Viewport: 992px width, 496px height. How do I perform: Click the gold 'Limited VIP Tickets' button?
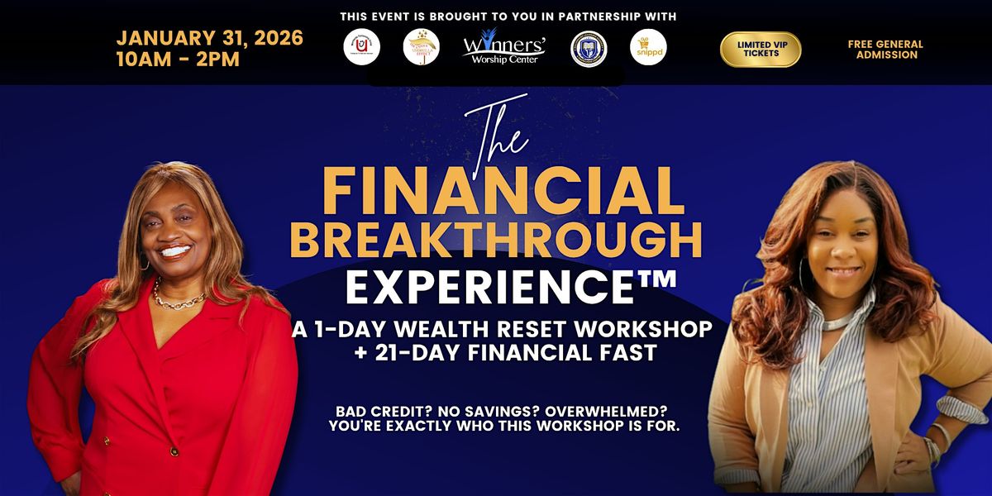click(761, 49)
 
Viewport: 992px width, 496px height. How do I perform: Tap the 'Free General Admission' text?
click(885, 50)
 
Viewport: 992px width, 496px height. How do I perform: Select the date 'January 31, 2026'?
click(209, 38)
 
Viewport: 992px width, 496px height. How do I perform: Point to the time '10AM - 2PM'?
click(178, 60)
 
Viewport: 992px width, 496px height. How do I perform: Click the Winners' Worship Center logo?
click(503, 46)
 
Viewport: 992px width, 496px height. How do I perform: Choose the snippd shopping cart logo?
click(647, 47)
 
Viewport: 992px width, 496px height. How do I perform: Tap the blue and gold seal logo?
click(589, 47)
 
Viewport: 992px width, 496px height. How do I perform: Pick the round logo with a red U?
click(361, 47)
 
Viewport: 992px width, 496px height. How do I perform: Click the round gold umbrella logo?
click(421, 47)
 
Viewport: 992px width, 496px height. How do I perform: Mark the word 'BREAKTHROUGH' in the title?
click(496, 240)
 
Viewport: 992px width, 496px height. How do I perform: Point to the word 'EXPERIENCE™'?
click(510, 287)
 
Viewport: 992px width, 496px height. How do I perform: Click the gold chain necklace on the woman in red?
click(177, 299)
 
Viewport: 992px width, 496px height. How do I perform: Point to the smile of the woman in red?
click(175, 250)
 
